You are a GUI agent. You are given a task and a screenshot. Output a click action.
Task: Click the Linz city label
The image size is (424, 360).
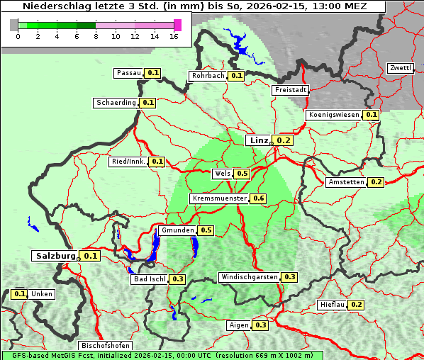pyautogui.click(x=258, y=140)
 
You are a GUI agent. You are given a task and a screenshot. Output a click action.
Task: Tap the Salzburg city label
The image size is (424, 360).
pyautogui.click(x=55, y=256)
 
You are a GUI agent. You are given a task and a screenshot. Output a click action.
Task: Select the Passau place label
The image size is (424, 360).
pyautogui.click(x=129, y=73)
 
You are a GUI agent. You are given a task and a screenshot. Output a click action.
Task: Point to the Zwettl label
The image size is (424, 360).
pyautogui.click(x=400, y=68)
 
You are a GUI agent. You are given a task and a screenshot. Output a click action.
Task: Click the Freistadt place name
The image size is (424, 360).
pyautogui.click(x=290, y=90)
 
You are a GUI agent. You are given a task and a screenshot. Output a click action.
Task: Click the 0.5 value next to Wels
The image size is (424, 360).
pyautogui.click(x=242, y=173)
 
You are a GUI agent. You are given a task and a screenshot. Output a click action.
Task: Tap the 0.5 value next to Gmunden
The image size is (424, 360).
pyautogui.click(x=206, y=230)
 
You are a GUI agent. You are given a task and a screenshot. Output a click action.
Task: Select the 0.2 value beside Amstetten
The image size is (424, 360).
pyautogui.click(x=376, y=182)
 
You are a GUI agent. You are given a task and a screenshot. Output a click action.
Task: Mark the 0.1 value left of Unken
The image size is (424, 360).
pyautogui.click(x=20, y=294)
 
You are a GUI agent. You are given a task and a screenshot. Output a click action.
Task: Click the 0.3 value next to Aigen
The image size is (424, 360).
pyautogui.click(x=260, y=325)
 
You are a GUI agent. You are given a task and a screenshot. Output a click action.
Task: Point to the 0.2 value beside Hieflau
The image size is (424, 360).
pyautogui.click(x=356, y=305)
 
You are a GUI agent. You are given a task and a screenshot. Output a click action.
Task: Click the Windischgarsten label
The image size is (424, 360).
pyautogui.click(x=249, y=276)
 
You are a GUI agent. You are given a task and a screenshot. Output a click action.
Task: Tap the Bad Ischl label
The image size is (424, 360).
pyautogui.click(x=149, y=279)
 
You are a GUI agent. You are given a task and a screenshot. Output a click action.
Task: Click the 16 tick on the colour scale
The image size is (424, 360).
pyautogui.click(x=174, y=36)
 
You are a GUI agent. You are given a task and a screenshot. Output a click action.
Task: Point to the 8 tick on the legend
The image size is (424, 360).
pyautogui.click(x=96, y=36)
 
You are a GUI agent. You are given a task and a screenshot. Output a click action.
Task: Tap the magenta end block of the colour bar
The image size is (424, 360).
pyautogui.click(x=177, y=25)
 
